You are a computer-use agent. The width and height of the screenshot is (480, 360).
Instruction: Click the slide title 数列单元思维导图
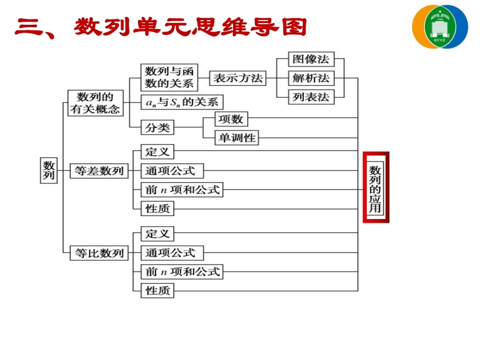161,27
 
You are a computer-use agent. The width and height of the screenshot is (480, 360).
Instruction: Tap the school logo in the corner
440,27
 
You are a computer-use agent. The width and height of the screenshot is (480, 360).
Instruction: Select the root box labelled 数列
49,170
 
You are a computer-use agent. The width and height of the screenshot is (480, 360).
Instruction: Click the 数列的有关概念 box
96,103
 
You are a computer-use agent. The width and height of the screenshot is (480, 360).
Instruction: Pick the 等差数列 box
99,171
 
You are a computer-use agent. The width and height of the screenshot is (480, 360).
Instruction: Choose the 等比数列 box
99,253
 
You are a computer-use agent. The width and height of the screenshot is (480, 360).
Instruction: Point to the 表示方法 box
238,78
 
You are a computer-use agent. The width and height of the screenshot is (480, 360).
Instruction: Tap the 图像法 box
311,59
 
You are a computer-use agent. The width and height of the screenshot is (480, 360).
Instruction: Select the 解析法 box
311,78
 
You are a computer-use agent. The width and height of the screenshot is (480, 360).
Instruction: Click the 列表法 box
311,97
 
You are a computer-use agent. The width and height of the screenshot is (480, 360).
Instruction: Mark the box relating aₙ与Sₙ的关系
182,102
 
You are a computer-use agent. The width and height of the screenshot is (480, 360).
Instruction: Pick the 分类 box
157,128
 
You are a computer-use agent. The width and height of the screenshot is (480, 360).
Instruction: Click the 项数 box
230,119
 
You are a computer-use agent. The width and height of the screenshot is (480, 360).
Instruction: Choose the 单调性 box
237,138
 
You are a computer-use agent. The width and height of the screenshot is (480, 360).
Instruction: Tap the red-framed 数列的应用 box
375,188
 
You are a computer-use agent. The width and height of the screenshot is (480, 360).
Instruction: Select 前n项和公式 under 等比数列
182,272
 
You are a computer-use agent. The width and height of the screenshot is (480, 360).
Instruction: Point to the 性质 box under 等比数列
157,291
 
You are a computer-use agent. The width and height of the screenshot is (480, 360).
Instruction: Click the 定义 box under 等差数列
157,151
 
